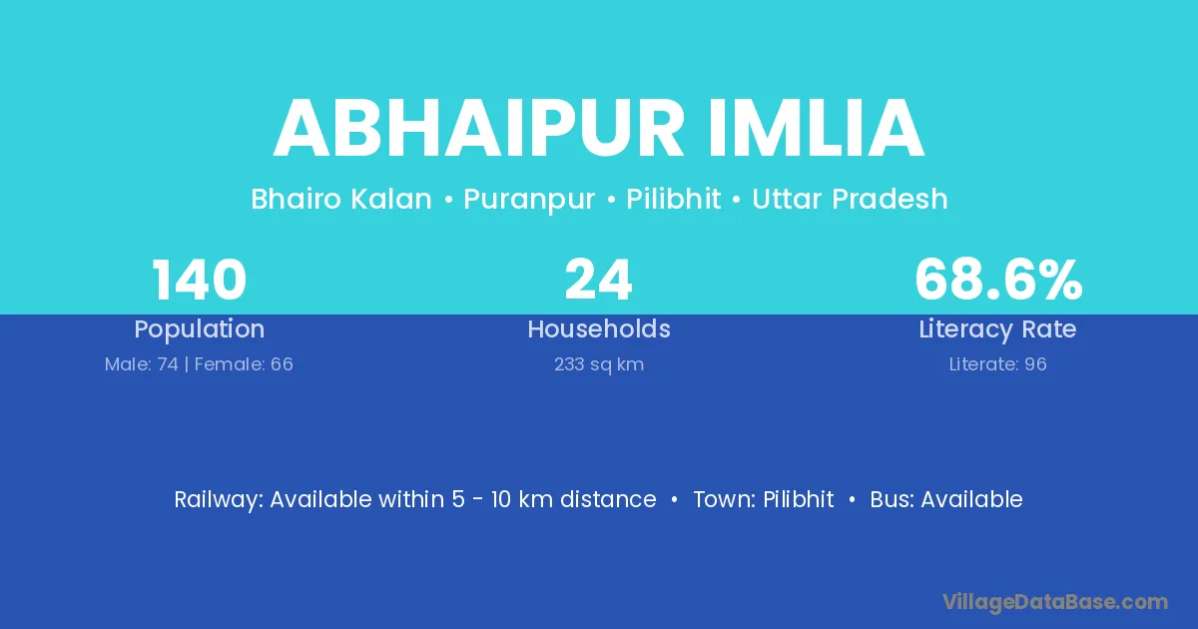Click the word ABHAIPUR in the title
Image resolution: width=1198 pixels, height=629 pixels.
coord(478,129)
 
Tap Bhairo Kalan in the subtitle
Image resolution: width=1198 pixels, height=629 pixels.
coord(341,199)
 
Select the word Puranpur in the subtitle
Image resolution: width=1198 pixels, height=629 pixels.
coord(529,201)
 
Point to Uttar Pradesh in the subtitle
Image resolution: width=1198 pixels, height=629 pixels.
coord(850,199)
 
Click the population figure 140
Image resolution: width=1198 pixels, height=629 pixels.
coord(199,280)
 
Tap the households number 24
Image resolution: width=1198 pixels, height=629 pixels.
coord(598,280)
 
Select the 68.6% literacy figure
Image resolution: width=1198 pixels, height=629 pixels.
coord(998,280)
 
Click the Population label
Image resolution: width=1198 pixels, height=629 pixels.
coord(200,329)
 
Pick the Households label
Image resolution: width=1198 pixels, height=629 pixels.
coord(599,328)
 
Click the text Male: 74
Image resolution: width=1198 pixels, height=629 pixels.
coord(141,364)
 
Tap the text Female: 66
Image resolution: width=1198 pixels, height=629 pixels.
coord(244,364)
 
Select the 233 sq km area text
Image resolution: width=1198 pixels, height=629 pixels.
coord(599,365)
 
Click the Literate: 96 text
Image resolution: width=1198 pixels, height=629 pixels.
coord(998,364)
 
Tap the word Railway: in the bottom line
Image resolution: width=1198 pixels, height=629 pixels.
coord(219,500)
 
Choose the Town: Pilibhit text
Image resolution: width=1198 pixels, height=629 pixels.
coord(764,499)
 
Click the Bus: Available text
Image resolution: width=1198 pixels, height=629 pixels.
coord(946,499)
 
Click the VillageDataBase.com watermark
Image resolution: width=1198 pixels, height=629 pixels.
coord(1055,602)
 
